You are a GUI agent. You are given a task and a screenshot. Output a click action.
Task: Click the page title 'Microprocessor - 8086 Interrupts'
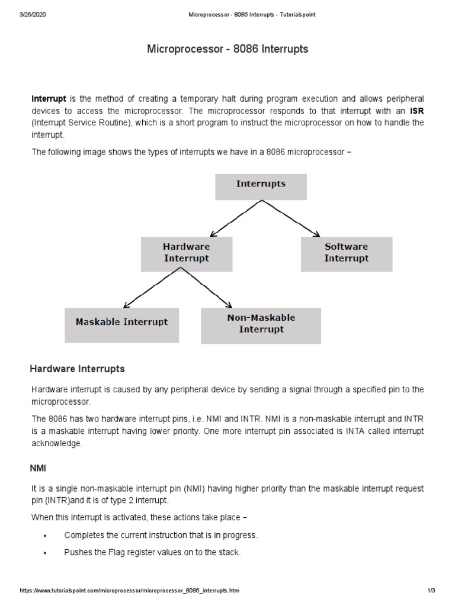227,49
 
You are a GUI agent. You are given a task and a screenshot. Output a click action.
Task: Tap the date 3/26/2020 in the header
32,14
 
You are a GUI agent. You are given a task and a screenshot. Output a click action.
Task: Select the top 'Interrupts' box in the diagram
261,186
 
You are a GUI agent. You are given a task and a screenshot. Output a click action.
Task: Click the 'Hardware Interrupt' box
186,253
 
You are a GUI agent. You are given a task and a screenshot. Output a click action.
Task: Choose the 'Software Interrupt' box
346,253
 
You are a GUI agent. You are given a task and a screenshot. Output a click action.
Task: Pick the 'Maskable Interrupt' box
121,324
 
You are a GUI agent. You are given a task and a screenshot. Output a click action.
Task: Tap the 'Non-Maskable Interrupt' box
261,325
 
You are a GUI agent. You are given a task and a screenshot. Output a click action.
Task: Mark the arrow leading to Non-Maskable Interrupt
207,288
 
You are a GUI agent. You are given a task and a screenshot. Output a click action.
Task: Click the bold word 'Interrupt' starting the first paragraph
49,98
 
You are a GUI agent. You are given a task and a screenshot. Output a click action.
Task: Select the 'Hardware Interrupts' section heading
77,369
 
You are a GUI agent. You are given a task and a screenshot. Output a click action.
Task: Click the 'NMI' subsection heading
38,468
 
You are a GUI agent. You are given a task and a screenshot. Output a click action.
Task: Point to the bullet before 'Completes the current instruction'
45,536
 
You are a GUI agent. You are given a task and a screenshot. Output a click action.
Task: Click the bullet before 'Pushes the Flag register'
45,553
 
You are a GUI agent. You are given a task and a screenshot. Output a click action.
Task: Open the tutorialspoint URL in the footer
130,591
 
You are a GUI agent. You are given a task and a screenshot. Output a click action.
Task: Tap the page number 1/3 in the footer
431,591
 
